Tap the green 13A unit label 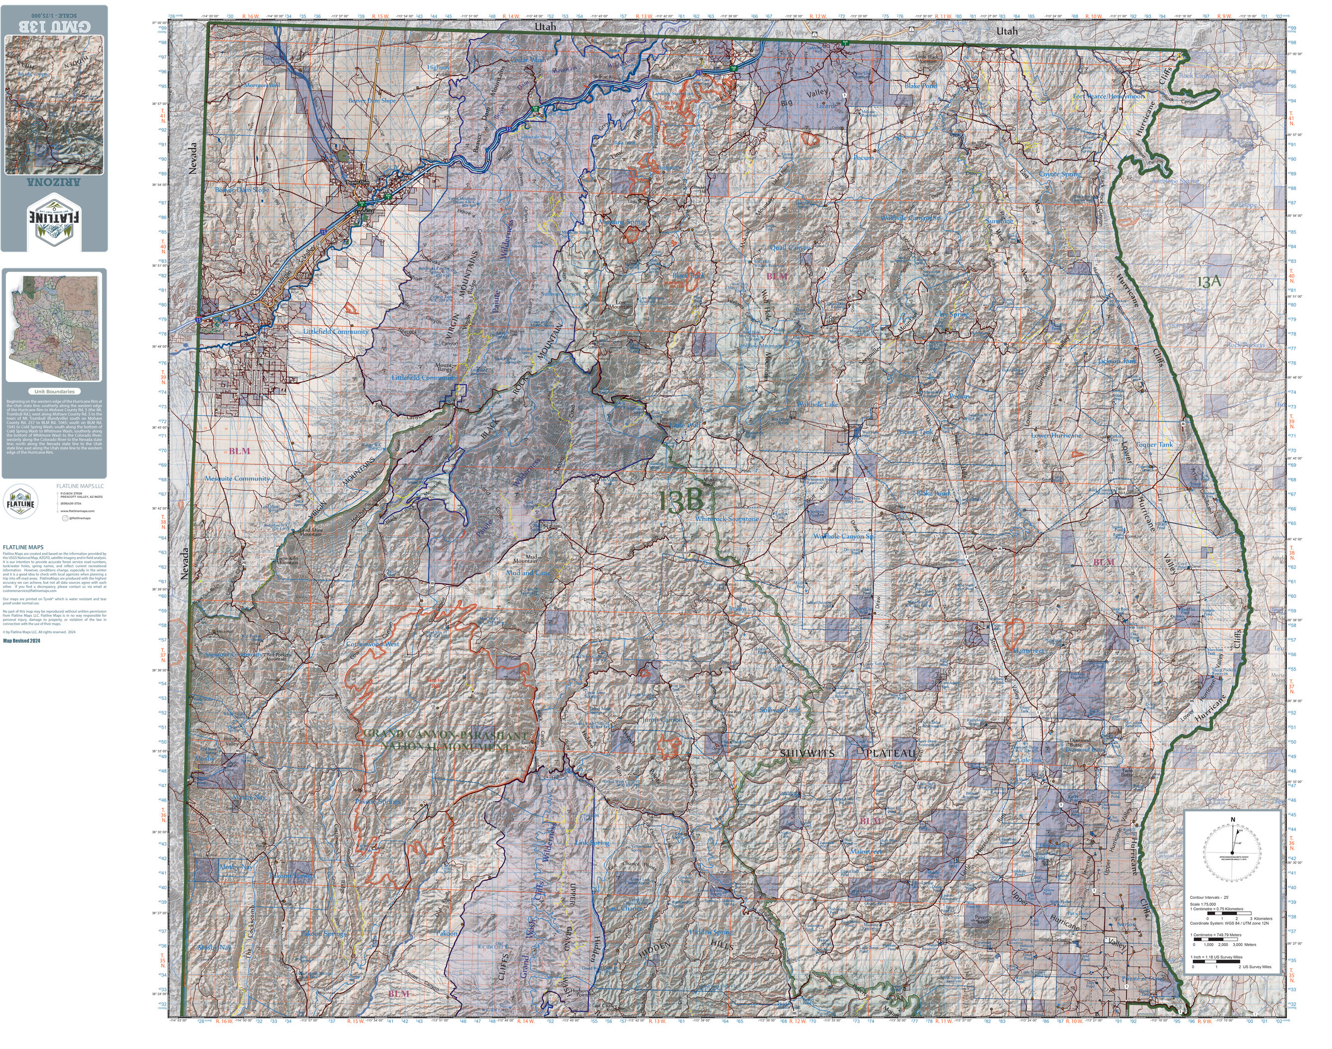1209,282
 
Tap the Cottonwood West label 372,644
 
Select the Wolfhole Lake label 817,405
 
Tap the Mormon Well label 262,86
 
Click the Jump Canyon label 662,719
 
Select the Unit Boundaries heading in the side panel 54,391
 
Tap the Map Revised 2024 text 21,641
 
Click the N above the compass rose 1232,820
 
